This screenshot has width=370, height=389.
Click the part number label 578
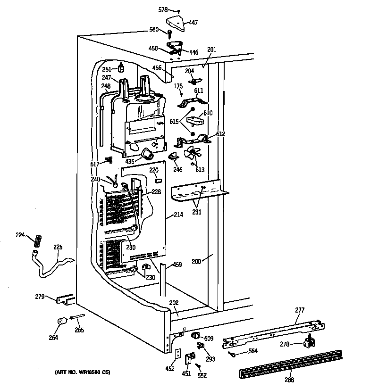coord(162,9)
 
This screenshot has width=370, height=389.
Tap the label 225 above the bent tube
coord(58,247)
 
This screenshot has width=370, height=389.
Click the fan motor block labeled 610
coord(194,121)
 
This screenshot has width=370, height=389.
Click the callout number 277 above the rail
coord(300,310)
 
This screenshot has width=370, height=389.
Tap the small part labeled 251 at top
coord(122,68)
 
